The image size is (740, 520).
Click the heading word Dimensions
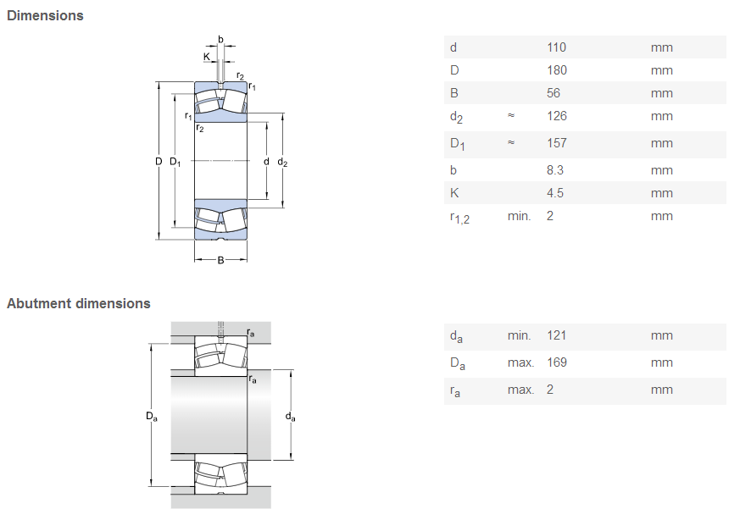(45, 15)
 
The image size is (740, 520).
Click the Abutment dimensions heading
(78, 303)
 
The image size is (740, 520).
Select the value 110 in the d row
(556, 47)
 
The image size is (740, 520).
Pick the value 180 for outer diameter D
(557, 70)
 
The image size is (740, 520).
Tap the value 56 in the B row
(554, 93)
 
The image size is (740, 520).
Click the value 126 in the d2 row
(557, 116)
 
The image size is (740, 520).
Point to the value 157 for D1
(557, 143)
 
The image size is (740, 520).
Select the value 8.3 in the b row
(555, 170)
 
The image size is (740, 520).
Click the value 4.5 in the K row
(555, 193)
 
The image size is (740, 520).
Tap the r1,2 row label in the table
(459, 218)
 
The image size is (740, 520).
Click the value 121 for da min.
(556, 335)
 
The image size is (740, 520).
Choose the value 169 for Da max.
(557, 362)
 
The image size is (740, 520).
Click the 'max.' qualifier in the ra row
(520, 390)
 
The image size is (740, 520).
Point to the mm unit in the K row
(662, 193)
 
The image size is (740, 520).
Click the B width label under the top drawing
(220, 260)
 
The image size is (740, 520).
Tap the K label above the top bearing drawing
(207, 57)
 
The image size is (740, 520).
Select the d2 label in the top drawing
(282, 162)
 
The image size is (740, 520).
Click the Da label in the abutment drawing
(152, 417)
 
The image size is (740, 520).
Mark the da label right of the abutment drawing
(290, 417)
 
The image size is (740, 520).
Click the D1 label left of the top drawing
(175, 162)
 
